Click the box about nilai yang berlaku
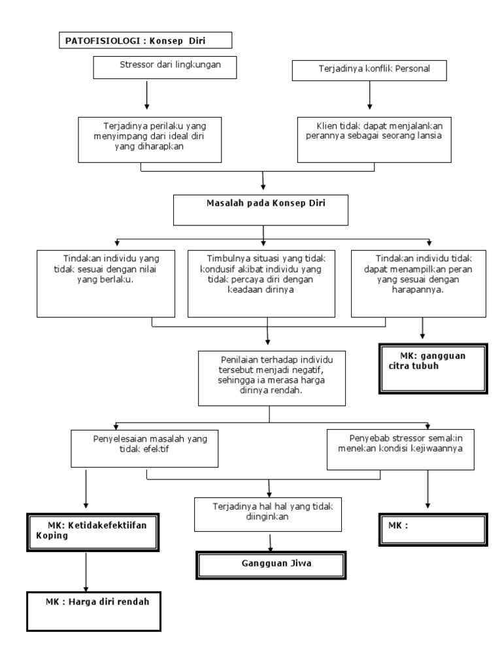[x=107, y=282]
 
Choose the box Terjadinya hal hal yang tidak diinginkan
[x=268, y=514]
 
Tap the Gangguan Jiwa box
[x=270, y=564]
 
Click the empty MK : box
[x=433, y=529]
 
